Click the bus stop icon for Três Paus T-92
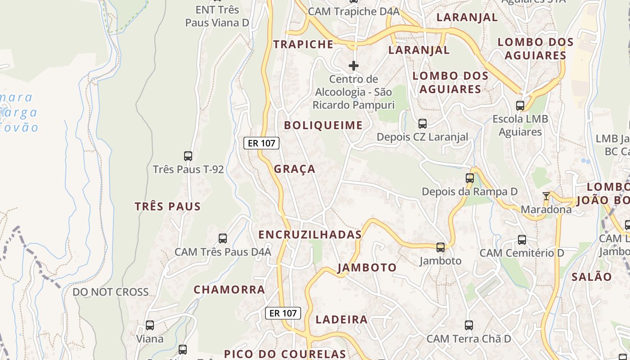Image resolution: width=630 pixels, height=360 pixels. click(188, 156)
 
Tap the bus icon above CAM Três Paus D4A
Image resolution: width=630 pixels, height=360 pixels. click(222, 238)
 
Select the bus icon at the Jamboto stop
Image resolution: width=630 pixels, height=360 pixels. click(441, 247)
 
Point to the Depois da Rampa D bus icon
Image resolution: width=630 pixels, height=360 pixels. click(470, 178)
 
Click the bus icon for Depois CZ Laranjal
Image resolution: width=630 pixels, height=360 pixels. click(422, 123)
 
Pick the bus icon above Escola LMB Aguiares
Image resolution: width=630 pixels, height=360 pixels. click(520, 106)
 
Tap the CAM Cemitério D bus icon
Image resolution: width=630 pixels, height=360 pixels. click(522, 240)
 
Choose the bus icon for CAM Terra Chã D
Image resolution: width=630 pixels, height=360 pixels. click(469, 325)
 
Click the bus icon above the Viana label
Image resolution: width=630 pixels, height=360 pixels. click(150, 325)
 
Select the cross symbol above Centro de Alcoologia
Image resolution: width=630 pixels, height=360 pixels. click(354, 66)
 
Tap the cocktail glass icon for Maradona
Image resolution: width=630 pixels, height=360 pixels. click(546, 196)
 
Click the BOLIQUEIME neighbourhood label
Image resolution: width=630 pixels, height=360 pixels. click(323, 126)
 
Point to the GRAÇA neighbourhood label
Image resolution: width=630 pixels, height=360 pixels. click(295, 169)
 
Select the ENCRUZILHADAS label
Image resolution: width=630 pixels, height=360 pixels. click(310, 234)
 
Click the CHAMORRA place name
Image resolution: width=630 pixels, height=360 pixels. click(229, 290)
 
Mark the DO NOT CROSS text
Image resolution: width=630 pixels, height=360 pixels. click(111, 292)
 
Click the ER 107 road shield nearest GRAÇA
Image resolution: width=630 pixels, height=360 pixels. click(261, 143)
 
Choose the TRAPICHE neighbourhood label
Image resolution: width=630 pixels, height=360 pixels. click(304, 44)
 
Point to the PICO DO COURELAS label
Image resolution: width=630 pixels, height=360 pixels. click(285, 354)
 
